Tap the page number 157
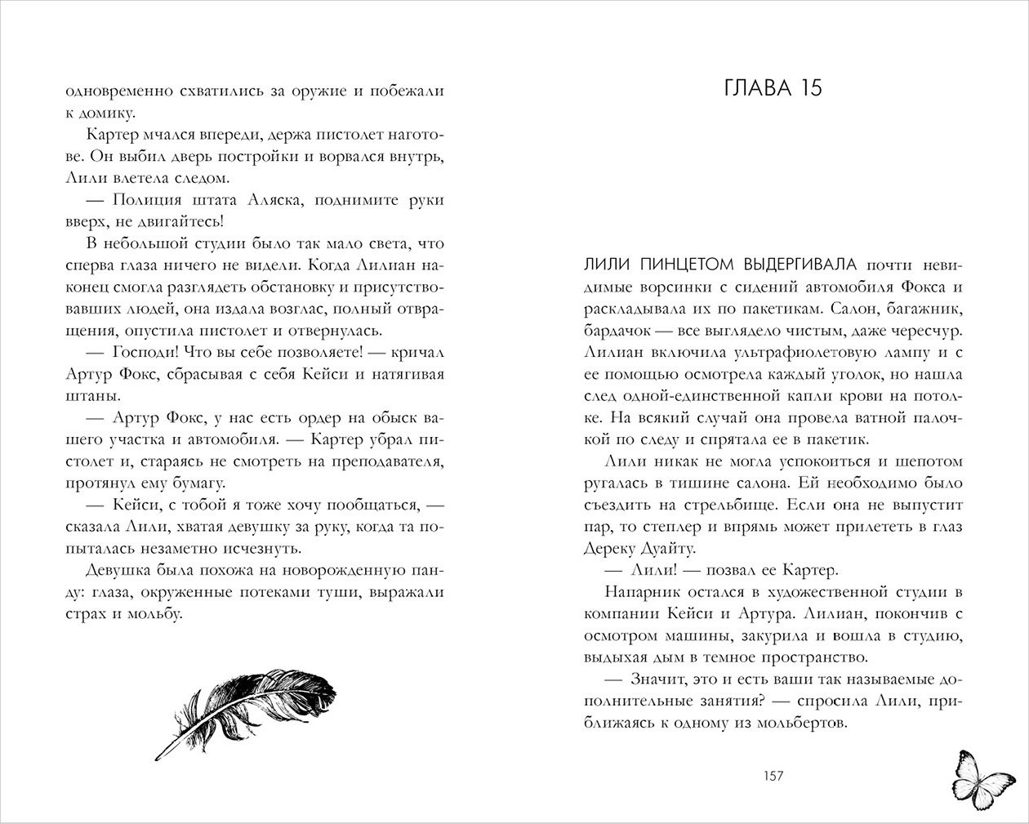point(771,776)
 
